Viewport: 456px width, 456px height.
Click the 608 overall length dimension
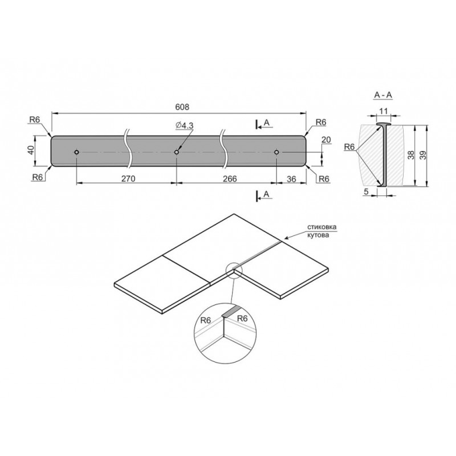point(182,107)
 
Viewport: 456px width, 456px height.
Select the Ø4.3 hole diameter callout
point(184,125)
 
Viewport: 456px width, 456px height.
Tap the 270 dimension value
point(128,178)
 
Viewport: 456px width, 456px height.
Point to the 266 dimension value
point(230,178)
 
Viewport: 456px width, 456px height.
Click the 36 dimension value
point(291,179)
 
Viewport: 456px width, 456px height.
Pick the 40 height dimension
point(31,150)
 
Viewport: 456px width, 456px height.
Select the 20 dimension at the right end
point(326,140)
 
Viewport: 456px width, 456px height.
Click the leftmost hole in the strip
point(76,152)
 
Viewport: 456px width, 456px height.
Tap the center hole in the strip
point(177,152)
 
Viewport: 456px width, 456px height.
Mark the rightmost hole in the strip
point(276,152)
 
